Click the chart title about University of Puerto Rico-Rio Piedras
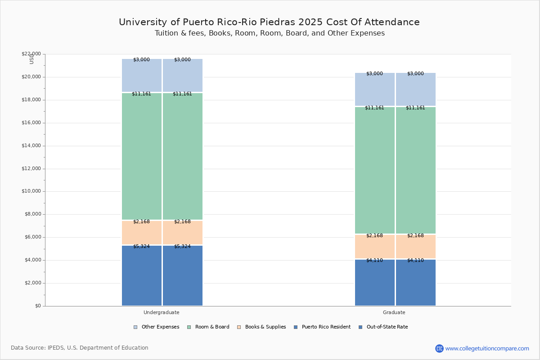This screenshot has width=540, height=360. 269,22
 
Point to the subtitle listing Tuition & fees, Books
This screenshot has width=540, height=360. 270,33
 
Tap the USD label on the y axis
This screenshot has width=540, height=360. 31,58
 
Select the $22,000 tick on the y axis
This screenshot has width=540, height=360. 31,54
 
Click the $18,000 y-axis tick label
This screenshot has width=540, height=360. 31,100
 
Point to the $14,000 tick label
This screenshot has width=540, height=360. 31,146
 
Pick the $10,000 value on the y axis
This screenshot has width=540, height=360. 31,191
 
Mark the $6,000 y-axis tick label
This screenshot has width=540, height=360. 32,237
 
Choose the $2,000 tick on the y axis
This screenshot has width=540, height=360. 32,283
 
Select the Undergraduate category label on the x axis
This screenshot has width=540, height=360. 162,312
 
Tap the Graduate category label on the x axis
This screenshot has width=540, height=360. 394,312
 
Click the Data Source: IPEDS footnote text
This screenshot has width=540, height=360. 80,348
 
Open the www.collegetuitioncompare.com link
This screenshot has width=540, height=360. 487,348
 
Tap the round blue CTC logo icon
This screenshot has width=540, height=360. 439,348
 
